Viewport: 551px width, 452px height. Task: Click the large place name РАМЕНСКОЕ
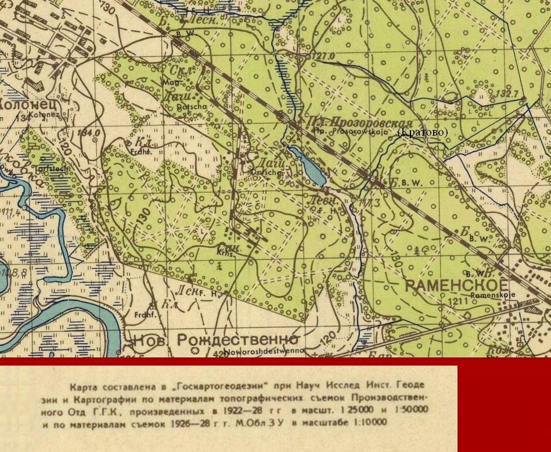tap(456, 285)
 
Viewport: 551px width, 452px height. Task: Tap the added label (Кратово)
tap(422, 133)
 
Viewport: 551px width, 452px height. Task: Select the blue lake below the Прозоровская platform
tap(307, 166)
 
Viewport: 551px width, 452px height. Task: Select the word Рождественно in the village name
tap(237, 339)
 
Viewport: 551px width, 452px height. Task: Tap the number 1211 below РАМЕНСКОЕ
tap(458, 302)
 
